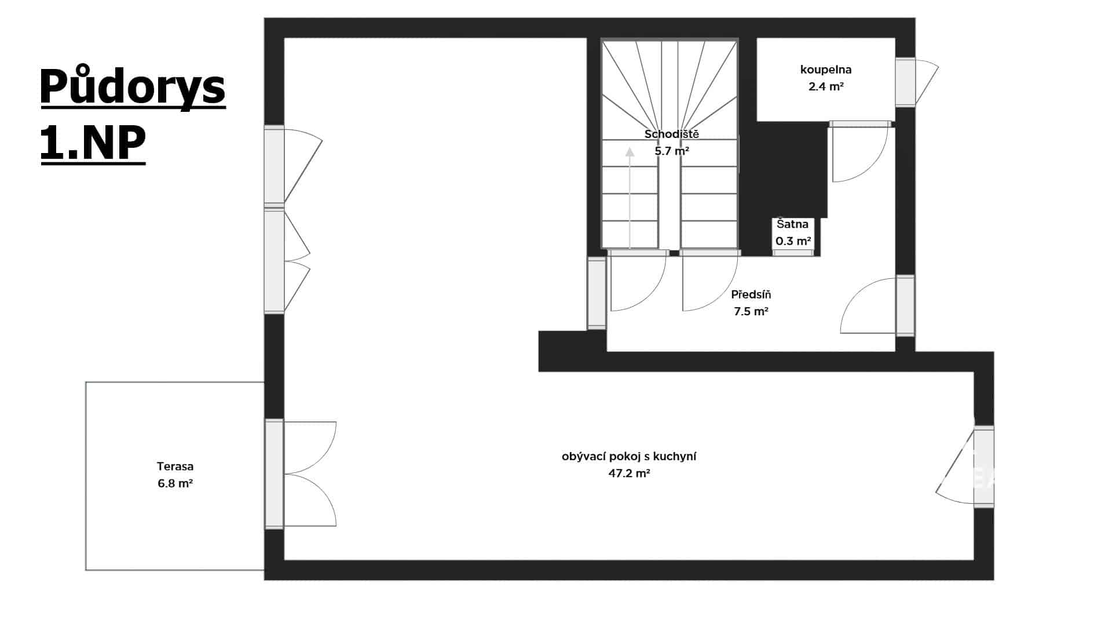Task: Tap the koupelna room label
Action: [x=825, y=70]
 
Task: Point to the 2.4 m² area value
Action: [x=826, y=87]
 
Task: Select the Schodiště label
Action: [x=672, y=134]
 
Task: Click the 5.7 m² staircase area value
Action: [x=672, y=151]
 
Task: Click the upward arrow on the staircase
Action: [x=630, y=198]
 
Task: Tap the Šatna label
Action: [x=792, y=224]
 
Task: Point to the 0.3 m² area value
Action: [x=793, y=241]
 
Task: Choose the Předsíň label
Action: [x=751, y=294]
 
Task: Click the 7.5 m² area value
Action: [x=751, y=312]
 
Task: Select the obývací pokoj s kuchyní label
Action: [x=629, y=456]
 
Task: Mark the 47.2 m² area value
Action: [x=629, y=474]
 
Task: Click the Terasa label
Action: [x=175, y=466]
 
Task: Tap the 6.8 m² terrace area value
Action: [x=175, y=483]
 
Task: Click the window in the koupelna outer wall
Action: [x=905, y=82]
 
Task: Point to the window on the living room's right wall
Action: [x=983, y=467]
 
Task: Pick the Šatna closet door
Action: [x=793, y=253]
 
